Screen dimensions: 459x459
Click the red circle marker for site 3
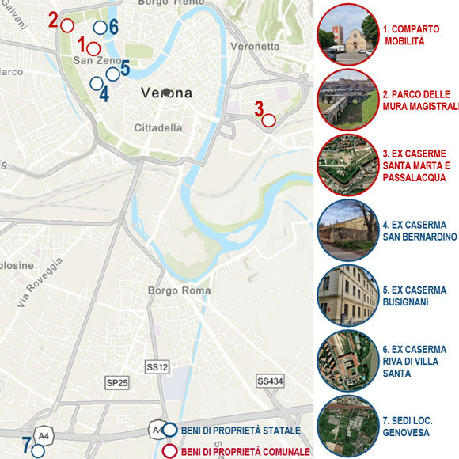(268, 120)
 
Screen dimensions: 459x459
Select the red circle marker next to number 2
(67, 25)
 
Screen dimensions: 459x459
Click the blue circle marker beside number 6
(100, 28)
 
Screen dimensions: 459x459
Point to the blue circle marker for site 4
(96, 82)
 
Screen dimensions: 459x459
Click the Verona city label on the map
(167, 93)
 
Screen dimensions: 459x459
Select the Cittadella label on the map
(158, 127)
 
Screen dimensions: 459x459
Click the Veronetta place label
(255, 47)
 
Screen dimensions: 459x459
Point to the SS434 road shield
(270, 381)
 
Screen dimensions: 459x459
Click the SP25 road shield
(117, 383)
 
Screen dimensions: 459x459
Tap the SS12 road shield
(157, 367)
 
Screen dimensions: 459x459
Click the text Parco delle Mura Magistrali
(420, 99)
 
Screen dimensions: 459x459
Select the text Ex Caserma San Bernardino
(419, 230)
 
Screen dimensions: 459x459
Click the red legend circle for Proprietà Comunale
(169, 452)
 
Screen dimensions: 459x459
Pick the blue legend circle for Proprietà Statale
(169, 431)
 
